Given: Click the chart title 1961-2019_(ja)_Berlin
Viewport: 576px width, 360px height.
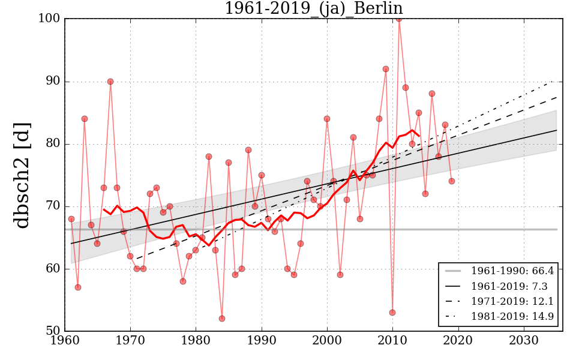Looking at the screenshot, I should [x=313, y=8].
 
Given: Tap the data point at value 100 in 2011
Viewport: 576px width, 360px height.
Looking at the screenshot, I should [x=399, y=19].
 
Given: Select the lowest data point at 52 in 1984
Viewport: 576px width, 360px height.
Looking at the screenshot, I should [x=222, y=318].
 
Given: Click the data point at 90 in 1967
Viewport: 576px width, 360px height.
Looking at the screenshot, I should [x=110, y=82].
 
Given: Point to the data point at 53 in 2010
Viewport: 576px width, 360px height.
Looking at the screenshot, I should [x=392, y=312].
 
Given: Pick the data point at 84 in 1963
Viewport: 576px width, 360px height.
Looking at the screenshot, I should [x=85, y=119].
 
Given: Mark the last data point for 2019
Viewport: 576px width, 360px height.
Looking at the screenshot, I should [x=452, y=181].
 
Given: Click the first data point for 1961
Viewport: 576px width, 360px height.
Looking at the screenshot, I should [x=71, y=219].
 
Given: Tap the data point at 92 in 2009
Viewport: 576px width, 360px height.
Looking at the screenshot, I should [x=386, y=69].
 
